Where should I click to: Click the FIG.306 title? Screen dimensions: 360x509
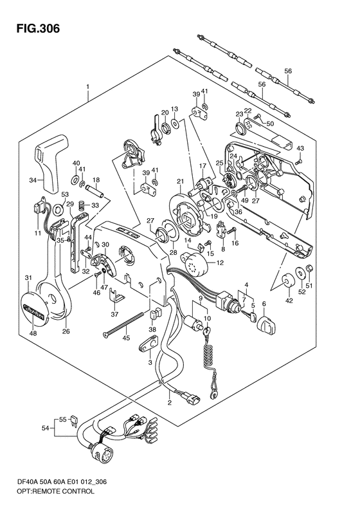pos(38,28)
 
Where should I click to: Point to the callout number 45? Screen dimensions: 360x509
pos(126,338)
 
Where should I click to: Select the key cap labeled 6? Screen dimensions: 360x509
pos(267,324)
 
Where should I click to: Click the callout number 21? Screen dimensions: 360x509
pos(181,181)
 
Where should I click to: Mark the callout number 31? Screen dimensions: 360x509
pos(28,278)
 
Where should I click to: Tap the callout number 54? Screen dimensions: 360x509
pos(45,429)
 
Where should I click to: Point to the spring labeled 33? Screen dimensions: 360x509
pos(84,205)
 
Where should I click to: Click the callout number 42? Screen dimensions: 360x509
pos(289,301)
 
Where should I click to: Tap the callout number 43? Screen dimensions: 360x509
pos(300,149)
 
